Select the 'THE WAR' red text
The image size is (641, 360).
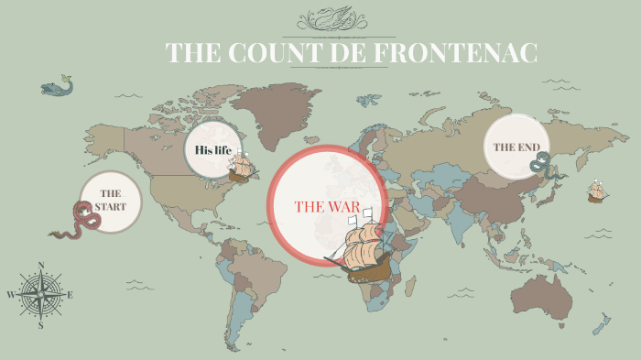(327, 205)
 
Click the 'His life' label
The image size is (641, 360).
(212, 149)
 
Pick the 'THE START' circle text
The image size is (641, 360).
(111, 200)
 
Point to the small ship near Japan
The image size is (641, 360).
(597, 191)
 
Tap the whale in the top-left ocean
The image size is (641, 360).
(56, 88)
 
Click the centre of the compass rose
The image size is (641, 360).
(41, 294)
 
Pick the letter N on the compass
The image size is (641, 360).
(41, 267)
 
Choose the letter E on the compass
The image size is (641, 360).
(70, 295)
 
